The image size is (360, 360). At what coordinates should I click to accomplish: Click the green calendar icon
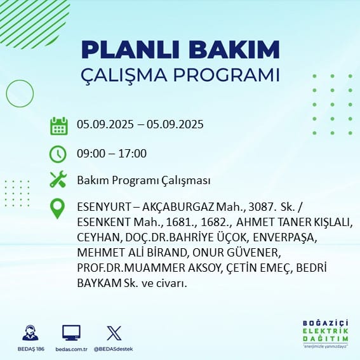point(59,126)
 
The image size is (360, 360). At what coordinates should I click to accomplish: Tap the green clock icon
point(58,154)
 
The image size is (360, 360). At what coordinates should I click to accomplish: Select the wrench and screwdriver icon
point(58,179)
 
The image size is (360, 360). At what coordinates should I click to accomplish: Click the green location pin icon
point(57,208)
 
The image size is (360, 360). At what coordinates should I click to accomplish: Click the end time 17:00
point(133,154)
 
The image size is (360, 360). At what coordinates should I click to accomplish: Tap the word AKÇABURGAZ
point(178,207)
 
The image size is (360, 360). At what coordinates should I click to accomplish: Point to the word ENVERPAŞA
point(285,238)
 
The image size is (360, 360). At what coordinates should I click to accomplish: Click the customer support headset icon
point(30,333)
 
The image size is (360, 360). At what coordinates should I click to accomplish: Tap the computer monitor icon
point(71,333)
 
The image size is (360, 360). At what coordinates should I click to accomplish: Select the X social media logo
point(114,333)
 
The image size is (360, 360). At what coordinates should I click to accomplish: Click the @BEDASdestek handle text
point(114,349)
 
